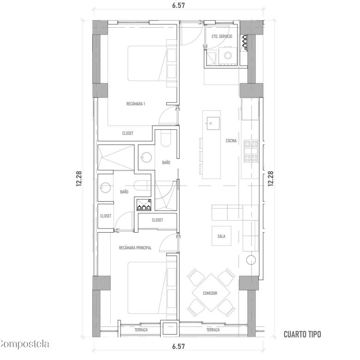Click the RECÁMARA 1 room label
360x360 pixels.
tap(136, 104)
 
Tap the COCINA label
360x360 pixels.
tap(231, 141)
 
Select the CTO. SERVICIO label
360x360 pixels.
tap(222, 36)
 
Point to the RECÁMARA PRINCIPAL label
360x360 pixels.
tap(135, 248)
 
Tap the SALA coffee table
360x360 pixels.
tap(222, 236)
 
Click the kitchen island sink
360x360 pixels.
tap(213, 123)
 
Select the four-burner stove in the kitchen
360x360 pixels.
tap(251, 151)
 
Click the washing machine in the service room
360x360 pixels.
tap(228, 56)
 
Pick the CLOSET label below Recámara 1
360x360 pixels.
tap(128, 133)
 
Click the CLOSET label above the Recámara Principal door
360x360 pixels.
tap(157, 220)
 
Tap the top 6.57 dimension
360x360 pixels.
tap(179, 5)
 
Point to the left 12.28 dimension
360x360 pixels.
tap(79, 179)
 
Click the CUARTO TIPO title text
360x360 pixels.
tap(302, 334)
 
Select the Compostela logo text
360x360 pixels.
tap(24, 344)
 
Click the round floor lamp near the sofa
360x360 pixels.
tap(251, 260)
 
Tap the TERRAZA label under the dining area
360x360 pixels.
tap(213, 330)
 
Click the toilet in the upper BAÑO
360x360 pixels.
tap(166, 138)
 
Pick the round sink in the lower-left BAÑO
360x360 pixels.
tap(106, 187)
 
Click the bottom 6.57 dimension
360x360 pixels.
tap(179, 346)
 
